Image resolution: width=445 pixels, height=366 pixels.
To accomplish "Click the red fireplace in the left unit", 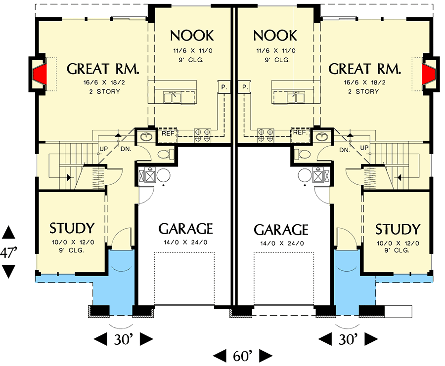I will pos(40,75).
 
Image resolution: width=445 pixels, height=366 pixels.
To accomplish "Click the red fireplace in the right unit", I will pos(429,75).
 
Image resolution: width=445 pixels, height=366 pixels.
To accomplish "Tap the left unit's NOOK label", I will pos(192,36).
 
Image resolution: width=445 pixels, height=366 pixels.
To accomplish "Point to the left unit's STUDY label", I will pos(72,229).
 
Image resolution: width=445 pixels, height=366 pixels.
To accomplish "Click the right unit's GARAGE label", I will pos(281,230).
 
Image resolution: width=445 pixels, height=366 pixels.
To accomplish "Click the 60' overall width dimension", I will pos(242,355).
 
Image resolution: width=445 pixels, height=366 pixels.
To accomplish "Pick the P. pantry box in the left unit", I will pos(223,87).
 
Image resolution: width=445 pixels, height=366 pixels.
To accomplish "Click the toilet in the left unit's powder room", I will pos(166,155).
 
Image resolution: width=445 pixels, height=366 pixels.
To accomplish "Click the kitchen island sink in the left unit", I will pos(175,95).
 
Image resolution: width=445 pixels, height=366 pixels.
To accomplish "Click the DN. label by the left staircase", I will pos(126,149).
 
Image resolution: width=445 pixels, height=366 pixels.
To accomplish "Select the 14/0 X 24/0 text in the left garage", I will pos(185,243).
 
